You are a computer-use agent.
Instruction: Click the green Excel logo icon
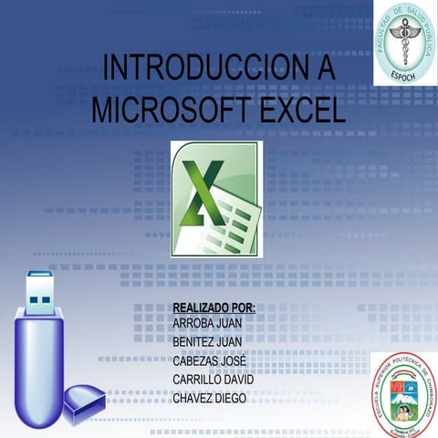point(216,198)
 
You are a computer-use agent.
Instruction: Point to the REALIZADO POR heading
point(214,309)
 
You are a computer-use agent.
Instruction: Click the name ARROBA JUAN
point(206,324)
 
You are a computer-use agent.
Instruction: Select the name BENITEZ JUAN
point(207,342)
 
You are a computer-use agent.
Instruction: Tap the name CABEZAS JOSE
point(209,360)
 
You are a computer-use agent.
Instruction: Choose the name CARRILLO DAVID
point(214,379)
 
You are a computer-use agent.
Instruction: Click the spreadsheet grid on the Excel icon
point(235,219)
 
